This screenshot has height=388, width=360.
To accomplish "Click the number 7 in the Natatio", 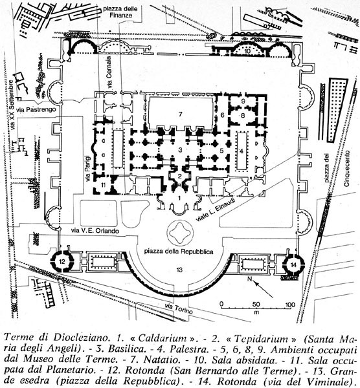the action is coord(181,114).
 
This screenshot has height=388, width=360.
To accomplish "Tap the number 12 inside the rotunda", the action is coord(62,261).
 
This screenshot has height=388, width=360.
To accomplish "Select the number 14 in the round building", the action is coord(293,265).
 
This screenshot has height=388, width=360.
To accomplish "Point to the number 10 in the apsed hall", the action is coord(247,51).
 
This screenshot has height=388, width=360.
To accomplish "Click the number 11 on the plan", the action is coord(104,185).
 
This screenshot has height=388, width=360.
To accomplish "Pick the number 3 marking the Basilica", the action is coord(181,150).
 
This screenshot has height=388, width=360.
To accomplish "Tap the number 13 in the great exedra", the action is coord(179,270).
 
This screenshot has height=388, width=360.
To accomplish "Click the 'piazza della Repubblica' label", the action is coord(179,252).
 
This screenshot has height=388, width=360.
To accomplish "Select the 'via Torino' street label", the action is coord(179,308).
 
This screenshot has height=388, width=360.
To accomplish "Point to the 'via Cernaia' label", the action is coord(109,72).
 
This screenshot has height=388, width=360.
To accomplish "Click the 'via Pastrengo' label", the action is coord(36,109).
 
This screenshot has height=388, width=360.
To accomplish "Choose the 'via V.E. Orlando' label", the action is coord(95,231).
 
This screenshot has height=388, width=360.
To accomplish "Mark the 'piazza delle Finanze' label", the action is coord(120,12).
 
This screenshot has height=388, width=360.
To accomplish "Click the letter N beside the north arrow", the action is coord(250,279).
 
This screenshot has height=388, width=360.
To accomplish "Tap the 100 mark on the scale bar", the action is coord(290,305).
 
